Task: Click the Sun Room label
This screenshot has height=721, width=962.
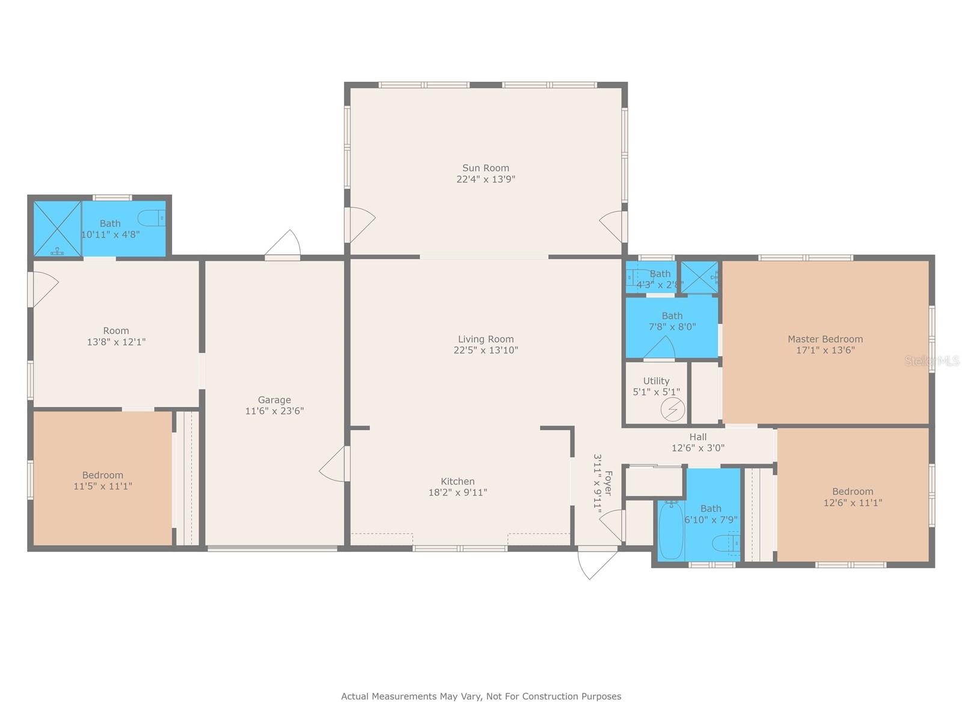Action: pos(485,168)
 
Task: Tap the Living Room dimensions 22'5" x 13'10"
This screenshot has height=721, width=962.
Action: pos(485,350)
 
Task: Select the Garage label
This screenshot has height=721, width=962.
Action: pos(274,400)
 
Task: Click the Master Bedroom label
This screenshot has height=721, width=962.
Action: pos(825,339)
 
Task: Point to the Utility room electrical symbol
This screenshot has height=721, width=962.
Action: pos(672,410)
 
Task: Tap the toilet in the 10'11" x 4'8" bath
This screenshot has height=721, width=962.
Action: pos(152,218)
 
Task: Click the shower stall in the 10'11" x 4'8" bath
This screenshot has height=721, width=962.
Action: pos(57,228)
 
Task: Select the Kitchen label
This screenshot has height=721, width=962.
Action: pos(458,481)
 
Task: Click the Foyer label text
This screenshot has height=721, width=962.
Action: pos(608,482)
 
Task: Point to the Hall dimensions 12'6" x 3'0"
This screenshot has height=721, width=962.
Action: pos(697,448)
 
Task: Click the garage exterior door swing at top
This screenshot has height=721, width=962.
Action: pos(284,245)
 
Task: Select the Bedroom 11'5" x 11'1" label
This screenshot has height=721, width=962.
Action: pos(103,475)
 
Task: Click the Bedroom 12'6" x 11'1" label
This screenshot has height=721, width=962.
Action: pos(852,491)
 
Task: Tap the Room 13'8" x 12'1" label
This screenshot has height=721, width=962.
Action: pos(116,331)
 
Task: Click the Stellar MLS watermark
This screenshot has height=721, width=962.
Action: pos(933,360)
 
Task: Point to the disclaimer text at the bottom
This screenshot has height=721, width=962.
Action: pos(481,696)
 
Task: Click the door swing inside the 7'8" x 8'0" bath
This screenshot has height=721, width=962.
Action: pos(660,348)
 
